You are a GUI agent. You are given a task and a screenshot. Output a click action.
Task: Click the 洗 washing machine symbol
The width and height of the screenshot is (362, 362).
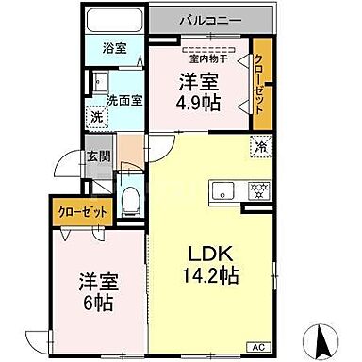96,118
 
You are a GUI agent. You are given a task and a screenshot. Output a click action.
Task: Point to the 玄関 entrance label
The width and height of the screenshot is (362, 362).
96,158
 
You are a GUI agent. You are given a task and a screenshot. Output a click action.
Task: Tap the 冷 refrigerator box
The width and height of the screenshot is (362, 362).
258,147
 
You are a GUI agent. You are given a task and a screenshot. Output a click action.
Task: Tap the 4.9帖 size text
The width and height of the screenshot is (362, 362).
200,101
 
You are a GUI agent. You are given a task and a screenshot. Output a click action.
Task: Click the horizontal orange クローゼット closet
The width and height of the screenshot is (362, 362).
79,213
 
